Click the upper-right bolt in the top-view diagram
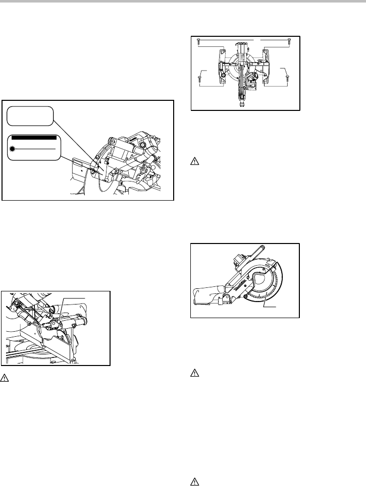(288, 39)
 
